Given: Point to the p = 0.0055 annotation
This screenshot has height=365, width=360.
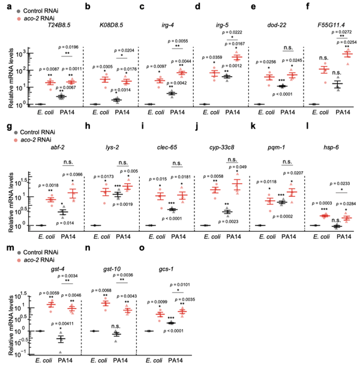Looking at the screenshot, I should [177, 37].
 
